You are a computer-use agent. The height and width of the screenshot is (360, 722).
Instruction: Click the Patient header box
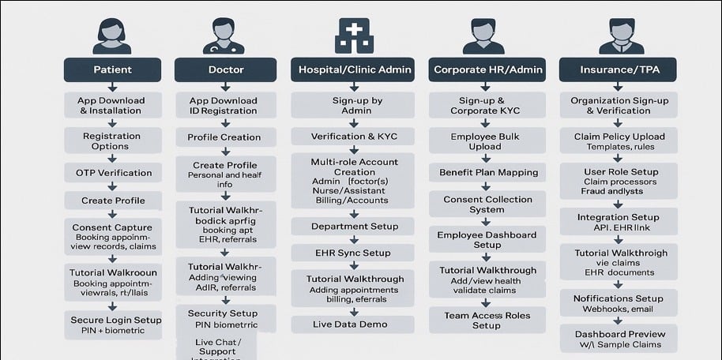pyautogui.click(x=112, y=69)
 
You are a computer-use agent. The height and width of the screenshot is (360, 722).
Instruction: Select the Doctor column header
pyautogui.click(x=225, y=69)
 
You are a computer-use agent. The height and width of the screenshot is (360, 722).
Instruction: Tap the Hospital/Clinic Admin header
pyautogui.click(x=355, y=69)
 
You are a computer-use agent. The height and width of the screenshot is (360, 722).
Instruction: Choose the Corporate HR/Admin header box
pyautogui.click(x=487, y=69)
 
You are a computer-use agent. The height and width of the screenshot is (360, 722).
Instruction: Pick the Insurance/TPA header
pyautogui.click(x=620, y=69)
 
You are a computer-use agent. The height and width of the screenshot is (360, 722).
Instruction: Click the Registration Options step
pyautogui.click(x=112, y=141)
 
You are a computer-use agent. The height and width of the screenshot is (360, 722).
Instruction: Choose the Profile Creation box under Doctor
pyautogui.click(x=224, y=137)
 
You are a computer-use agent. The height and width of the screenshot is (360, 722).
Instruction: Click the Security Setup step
pyautogui.click(x=224, y=318)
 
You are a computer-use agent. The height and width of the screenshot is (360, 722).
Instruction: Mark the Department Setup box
pyautogui.click(x=353, y=226)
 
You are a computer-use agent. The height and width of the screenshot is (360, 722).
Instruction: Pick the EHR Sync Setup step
pyautogui.click(x=353, y=253)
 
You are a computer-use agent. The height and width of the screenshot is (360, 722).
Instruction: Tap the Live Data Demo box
pyautogui.click(x=353, y=324)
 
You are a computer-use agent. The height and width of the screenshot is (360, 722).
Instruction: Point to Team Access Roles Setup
pyautogui.click(x=487, y=319)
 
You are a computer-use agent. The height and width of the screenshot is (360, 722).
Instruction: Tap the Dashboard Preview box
pyautogui.click(x=619, y=339)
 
